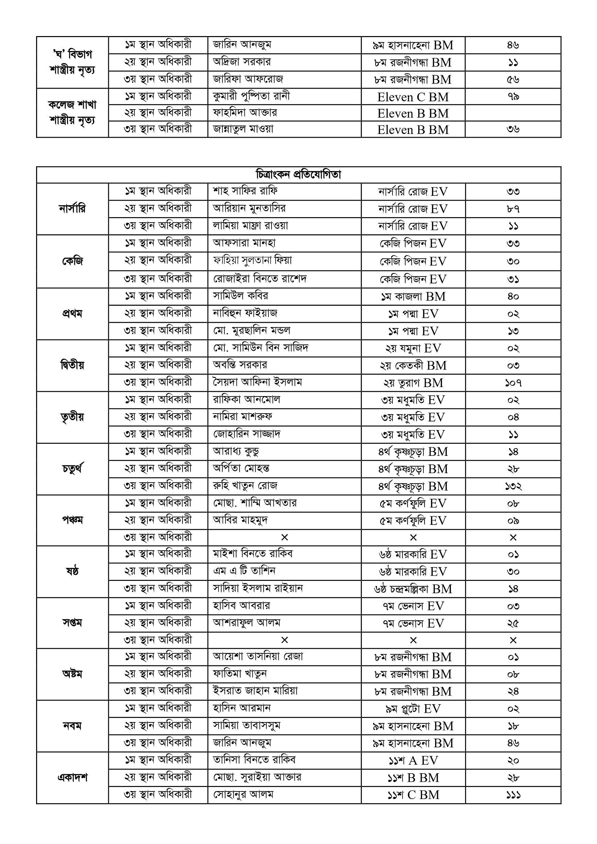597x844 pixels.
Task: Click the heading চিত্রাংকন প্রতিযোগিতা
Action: coord(298,175)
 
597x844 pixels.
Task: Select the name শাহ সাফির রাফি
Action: coord(245,191)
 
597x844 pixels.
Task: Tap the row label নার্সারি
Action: coord(72,209)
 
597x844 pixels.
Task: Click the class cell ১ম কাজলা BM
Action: coord(413,296)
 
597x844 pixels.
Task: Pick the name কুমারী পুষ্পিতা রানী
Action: coord(251,96)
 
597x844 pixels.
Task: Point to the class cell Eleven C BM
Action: coord(413,97)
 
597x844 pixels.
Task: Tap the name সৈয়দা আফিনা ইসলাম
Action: coord(257,382)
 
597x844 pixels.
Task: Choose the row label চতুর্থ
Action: coord(72,469)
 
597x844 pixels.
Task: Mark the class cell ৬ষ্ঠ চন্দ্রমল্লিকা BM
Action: coord(413,589)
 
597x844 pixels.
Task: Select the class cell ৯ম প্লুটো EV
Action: coord(413,709)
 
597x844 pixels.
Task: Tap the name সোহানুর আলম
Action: coord(243,795)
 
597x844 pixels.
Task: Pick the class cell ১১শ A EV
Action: coord(413,760)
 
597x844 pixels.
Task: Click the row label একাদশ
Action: coord(72,778)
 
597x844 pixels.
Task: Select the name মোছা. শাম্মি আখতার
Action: coord(255,503)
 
